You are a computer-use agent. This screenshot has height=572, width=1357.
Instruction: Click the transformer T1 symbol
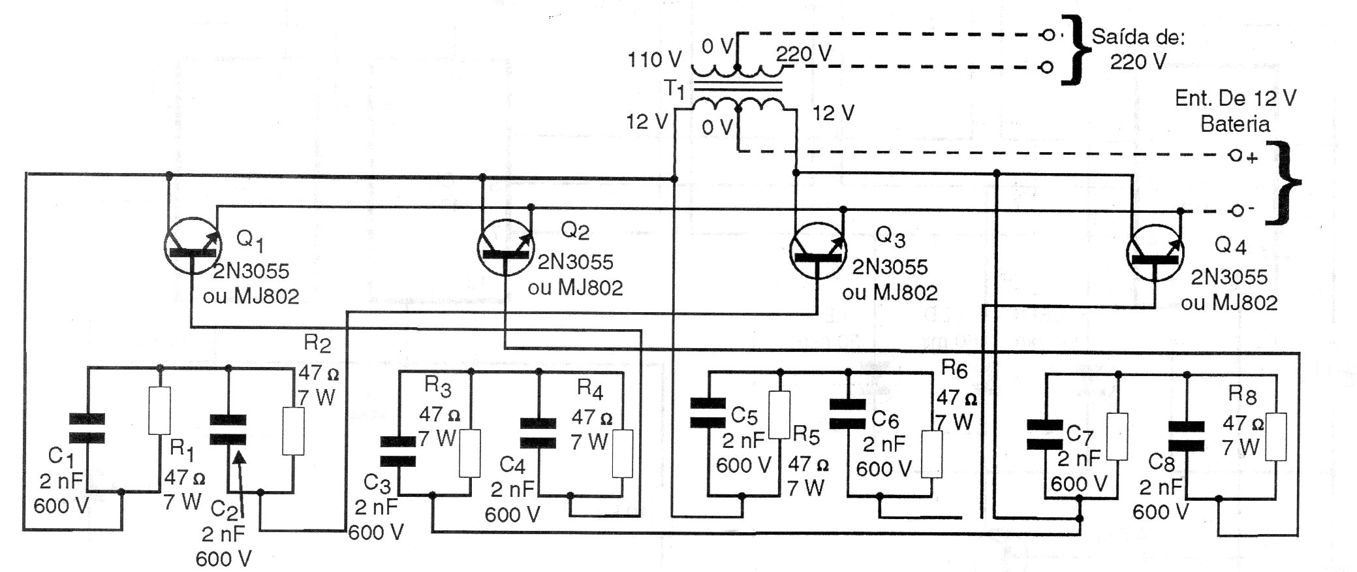(x=737, y=88)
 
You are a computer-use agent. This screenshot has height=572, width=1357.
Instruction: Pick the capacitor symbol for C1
(x=87, y=428)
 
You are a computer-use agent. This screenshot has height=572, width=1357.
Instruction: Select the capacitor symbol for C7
(x=1044, y=435)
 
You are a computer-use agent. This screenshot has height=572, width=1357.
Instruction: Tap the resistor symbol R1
(x=160, y=410)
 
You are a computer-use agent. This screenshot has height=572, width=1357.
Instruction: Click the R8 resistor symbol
(x=1276, y=437)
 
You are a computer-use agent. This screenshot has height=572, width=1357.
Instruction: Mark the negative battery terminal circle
(x=1235, y=211)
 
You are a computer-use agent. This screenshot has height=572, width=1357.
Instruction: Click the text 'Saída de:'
(x=1138, y=37)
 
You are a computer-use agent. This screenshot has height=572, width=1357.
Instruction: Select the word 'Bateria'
(x=1235, y=123)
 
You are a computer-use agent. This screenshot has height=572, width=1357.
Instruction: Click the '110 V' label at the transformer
(x=654, y=60)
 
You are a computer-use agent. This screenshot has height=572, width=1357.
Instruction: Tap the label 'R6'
(x=954, y=370)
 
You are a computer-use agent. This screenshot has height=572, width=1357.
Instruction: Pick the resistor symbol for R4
(x=623, y=454)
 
